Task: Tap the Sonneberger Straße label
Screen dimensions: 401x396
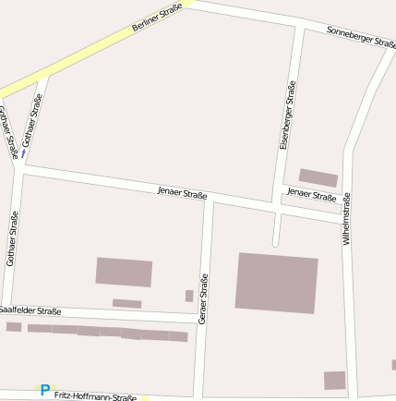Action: (x=361, y=37)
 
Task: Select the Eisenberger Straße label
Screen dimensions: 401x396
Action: (x=287, y=115)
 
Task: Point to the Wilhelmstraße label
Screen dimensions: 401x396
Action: (x=347, y=218)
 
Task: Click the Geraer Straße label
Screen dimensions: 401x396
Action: (x=202, y=298)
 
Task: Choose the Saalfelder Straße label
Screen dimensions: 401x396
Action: (x=30, y=311)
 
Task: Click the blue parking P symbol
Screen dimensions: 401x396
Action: (x=44, y=391)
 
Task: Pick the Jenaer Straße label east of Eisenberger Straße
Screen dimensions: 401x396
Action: (x=311, y=195)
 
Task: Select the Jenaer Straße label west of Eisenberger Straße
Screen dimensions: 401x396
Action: (x=182, y=192)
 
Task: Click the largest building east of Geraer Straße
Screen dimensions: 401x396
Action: (x=276, y=283)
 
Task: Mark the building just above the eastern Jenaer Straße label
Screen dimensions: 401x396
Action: (x=318, y=177)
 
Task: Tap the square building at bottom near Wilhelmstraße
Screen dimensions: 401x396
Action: (x=334, y=380)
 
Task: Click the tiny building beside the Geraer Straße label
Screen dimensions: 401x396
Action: (x=189, y=296)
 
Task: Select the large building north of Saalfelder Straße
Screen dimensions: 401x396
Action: (x=124, y=272)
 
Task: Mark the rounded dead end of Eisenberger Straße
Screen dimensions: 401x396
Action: (x=275, y=243)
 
